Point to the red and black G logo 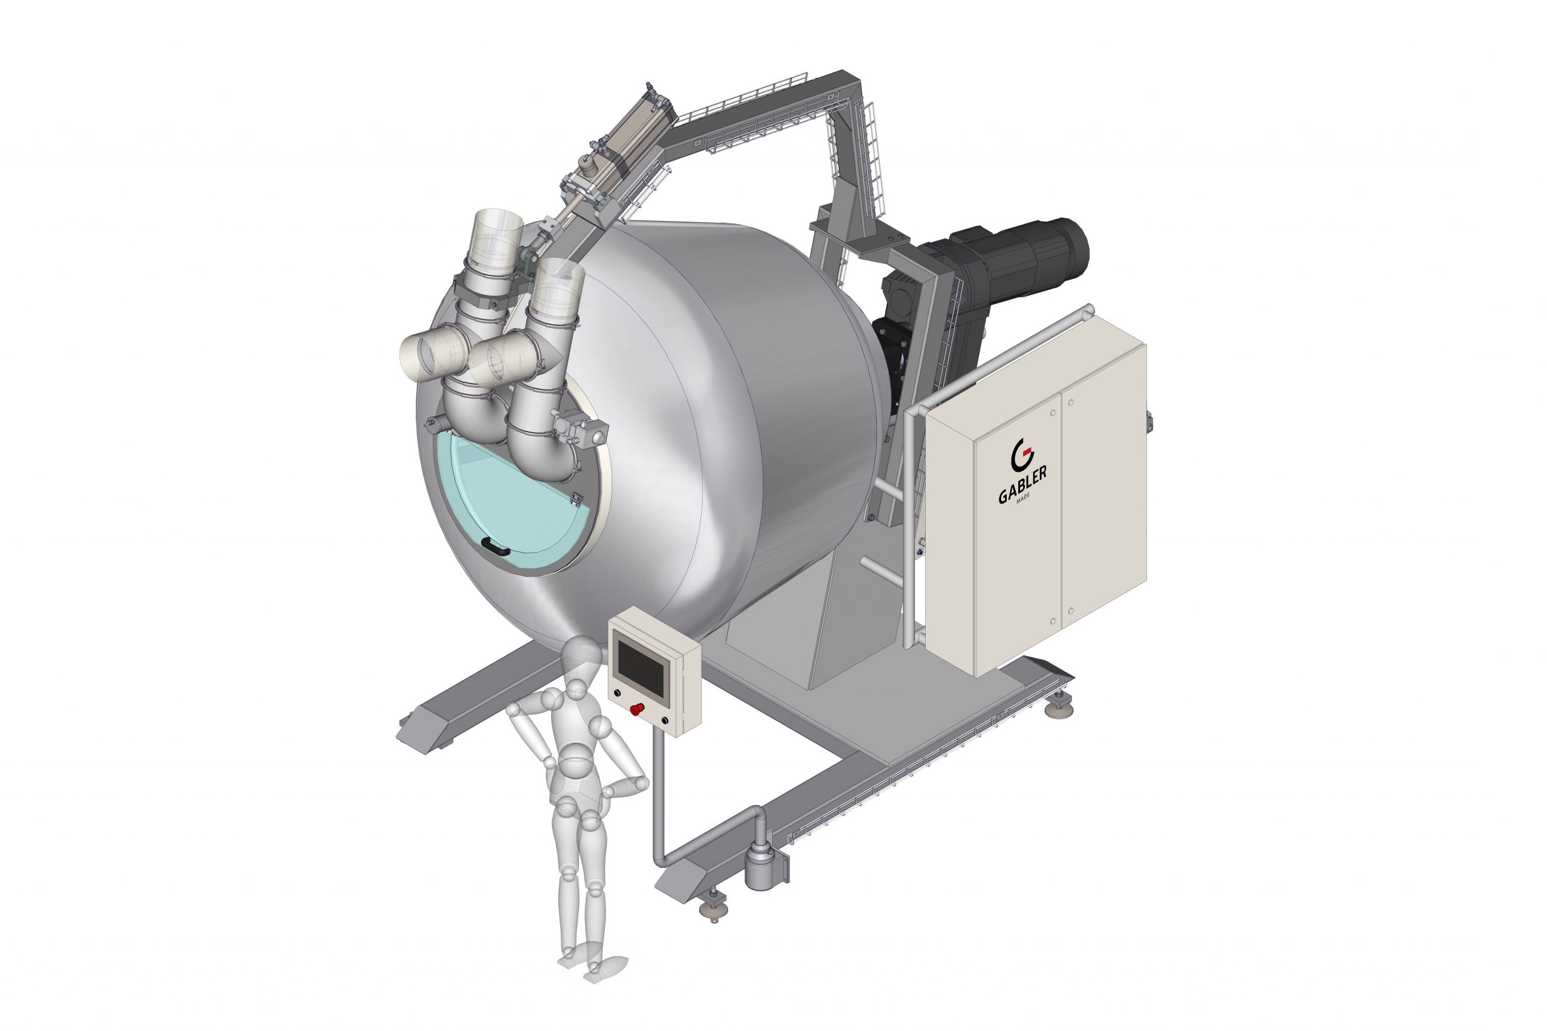tap(1021, 452)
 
